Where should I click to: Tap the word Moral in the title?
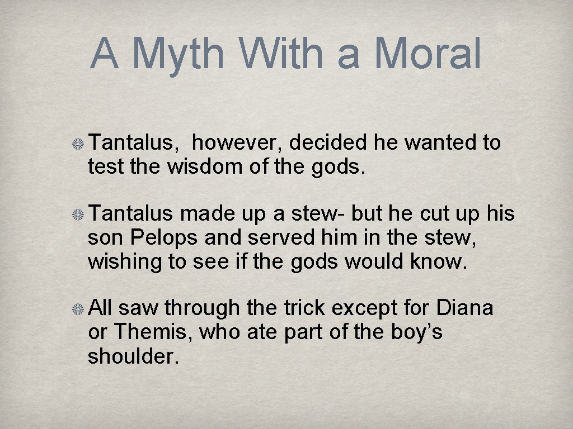pyautogui.click(x=428, y=54)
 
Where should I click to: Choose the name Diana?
pyautogui.click(x=464, y=308)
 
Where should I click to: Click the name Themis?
pyautogui.click(x=152, y=332)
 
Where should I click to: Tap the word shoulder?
pyautogui.click(x=133, y=355)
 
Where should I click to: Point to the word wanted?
pyautogui.click(x=441, y=143)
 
